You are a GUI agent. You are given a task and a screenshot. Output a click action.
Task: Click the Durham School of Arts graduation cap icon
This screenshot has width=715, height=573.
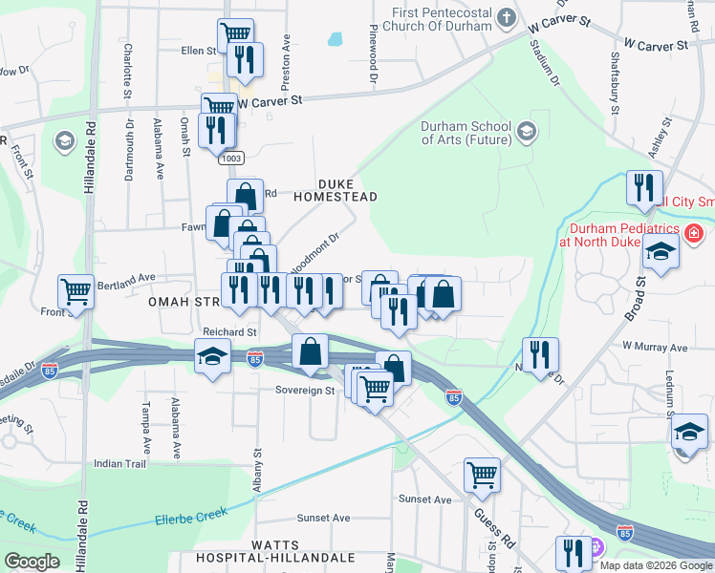[526, 131]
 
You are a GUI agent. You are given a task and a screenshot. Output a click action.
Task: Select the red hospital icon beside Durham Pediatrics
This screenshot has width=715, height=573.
[694, 232]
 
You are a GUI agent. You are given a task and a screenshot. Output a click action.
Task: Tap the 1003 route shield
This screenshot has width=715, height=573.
[230, 157]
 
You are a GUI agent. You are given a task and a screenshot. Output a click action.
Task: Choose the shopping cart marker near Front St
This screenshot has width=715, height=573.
[76, 290]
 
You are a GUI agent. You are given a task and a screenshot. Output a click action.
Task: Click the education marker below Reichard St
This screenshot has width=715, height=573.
[211, 357]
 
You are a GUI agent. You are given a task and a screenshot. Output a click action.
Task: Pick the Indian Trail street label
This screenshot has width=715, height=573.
[119, 463]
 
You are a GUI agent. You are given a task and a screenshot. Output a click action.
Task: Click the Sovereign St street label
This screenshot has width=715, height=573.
[305, 390]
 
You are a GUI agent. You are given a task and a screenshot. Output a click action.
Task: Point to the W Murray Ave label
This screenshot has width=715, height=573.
[655, 347]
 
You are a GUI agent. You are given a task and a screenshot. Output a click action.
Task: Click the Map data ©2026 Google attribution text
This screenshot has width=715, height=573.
[655, 565]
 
